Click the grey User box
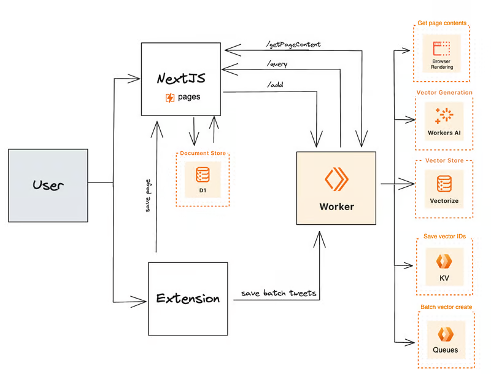pos(48,186)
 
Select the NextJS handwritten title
pos(181,78)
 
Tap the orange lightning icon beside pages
pos(170,98)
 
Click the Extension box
pos(188,299)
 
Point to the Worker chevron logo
pos(336,179)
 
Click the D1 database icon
pos(203,175)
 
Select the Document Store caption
pos(203,153)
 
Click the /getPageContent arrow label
pos(293,44)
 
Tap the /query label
pos(277,64)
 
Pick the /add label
pos(275,84)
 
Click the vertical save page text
pos(148,196)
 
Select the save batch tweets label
pos(279,293)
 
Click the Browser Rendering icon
pos(441,49)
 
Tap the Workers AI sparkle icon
pos(444,116)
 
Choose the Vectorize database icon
pos(444,184)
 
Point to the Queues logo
pos(446,334)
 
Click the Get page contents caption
pos(442,23)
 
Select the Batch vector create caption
pos(446,307)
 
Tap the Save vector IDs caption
pos(444,237)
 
